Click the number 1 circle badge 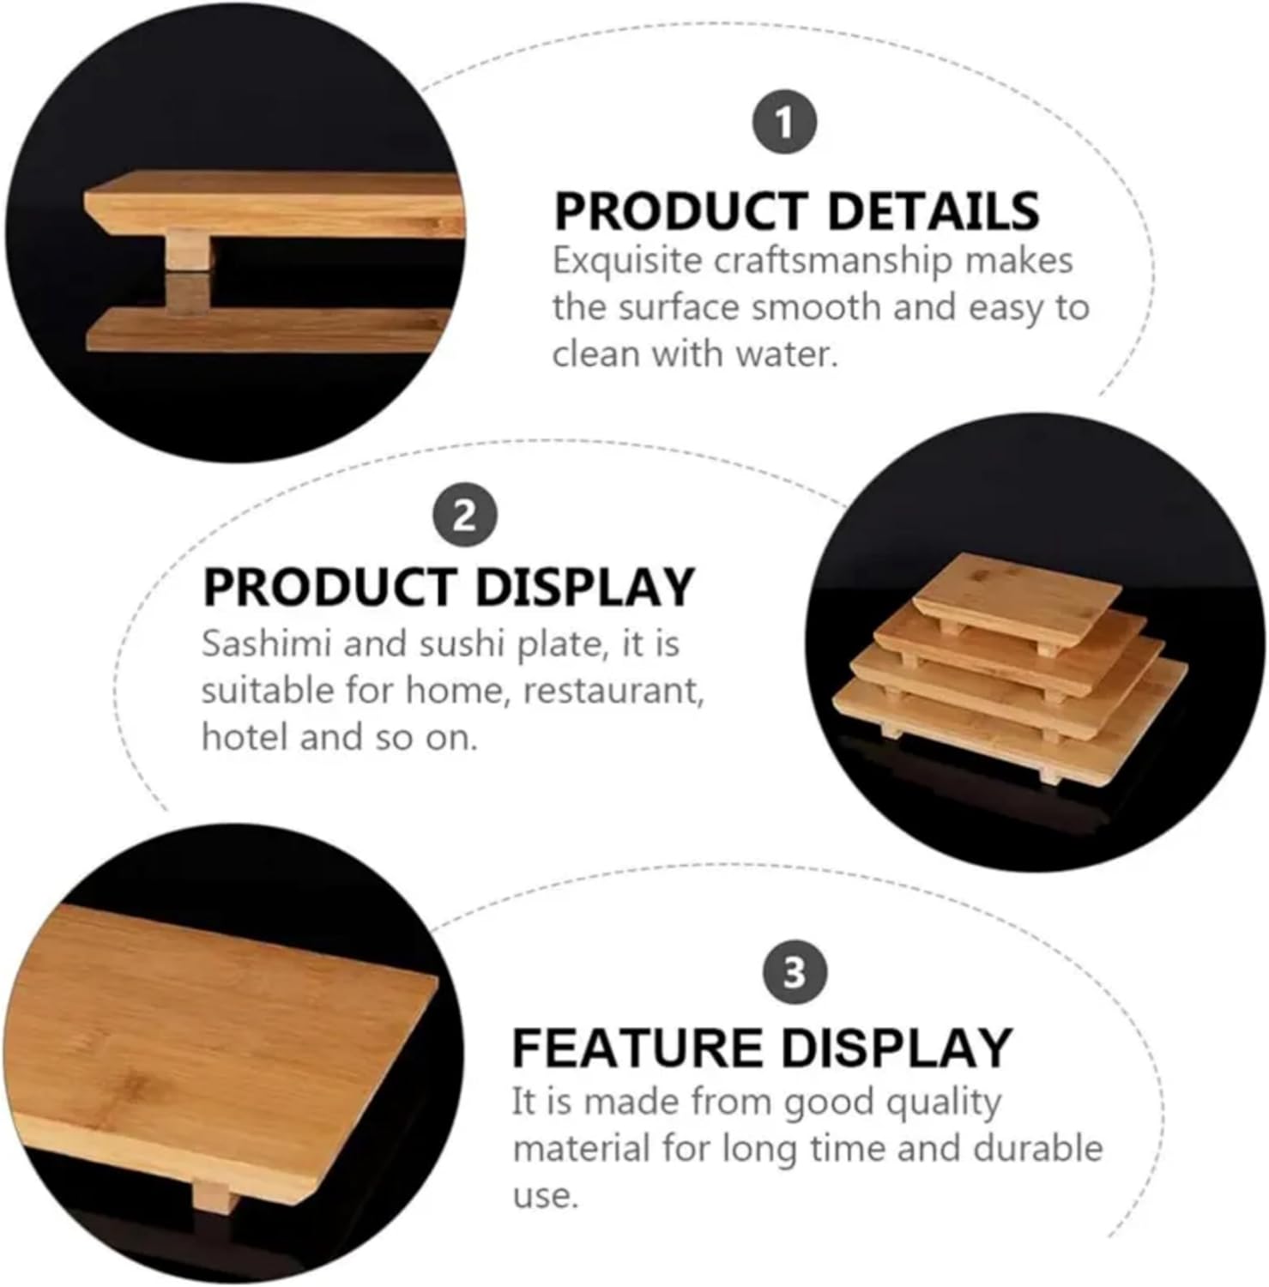coord(784,124)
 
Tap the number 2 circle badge coord(464,516)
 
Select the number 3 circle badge coord(795,973)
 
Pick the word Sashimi coord(265,643)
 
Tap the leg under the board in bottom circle coord(214,1195)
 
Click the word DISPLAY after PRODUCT coord(583,588)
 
